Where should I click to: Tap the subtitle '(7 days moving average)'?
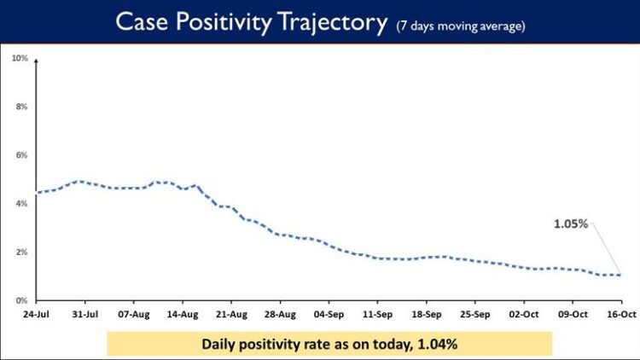460,26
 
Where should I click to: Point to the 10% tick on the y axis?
20,58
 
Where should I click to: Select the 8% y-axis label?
21,107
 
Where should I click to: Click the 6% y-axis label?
21,155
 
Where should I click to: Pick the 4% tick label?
21,204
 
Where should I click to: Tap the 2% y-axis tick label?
21,253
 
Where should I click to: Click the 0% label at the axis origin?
21,300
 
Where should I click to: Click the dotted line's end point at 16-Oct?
620,275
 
